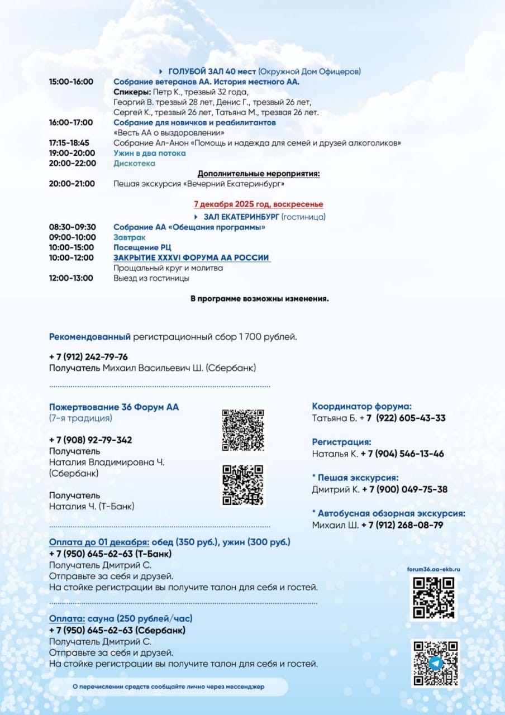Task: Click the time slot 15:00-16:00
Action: coord(71,82)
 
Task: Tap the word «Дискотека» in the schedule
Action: coord(135,164)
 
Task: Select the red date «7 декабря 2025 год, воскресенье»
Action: coord(258,205)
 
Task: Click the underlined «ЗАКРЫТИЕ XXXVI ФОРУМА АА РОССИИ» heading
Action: coord(192,258)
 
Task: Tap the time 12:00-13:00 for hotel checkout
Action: coord(71,278)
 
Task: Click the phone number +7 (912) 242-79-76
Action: coord(88,357)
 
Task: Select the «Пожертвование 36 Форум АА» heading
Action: coord(114,407)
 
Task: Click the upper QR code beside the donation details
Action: coord(243,430)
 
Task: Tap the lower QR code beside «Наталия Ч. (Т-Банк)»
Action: coord(243,485)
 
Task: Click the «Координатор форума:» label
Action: coord(362,407)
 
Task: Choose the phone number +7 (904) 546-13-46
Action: coord(402,454)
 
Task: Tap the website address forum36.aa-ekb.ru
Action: coord(433,569)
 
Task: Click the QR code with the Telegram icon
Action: coord(435,664)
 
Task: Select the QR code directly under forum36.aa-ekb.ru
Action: coord(433,598)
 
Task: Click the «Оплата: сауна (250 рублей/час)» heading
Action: coord(121,619)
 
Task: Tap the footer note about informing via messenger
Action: coord(169,687)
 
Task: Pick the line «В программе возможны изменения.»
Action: coord(259,299)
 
